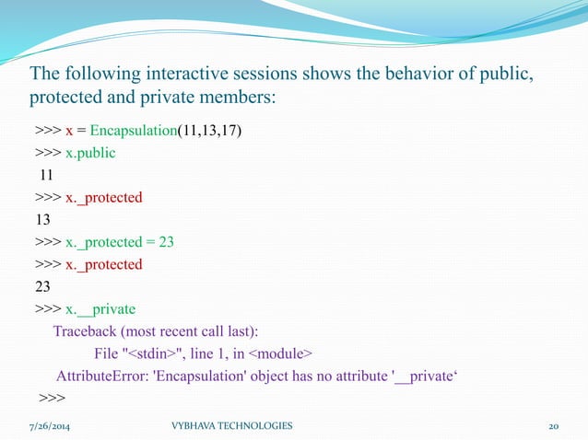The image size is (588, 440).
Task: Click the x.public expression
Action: pos(90,153)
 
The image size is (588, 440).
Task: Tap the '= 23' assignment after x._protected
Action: pos(160,242)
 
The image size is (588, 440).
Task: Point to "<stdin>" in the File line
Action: pos(156,353)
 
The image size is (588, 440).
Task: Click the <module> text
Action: pos(281,353)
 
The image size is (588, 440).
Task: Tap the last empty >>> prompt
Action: pos(52,398)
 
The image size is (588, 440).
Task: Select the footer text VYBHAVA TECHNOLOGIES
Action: pos(232,426)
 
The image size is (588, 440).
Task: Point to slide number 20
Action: pos(554,426)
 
